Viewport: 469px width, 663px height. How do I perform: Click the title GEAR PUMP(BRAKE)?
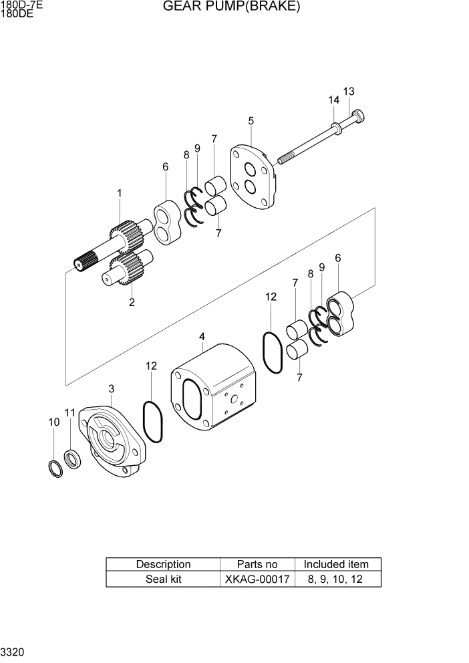231,7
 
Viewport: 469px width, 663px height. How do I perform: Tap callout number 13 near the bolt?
349,92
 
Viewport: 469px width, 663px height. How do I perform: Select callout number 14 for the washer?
333,100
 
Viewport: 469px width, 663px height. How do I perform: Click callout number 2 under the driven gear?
132,302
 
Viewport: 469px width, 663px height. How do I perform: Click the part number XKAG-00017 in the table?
257,579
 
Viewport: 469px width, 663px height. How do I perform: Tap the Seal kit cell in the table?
163,579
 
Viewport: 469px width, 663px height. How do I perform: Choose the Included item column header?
336,564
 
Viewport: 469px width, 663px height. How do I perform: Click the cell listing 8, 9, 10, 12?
336,579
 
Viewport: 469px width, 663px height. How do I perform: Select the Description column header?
163,564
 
